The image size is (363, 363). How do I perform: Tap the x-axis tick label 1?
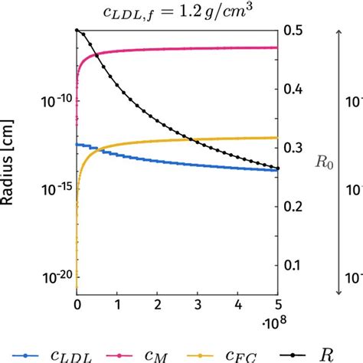tap(117, 304)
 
